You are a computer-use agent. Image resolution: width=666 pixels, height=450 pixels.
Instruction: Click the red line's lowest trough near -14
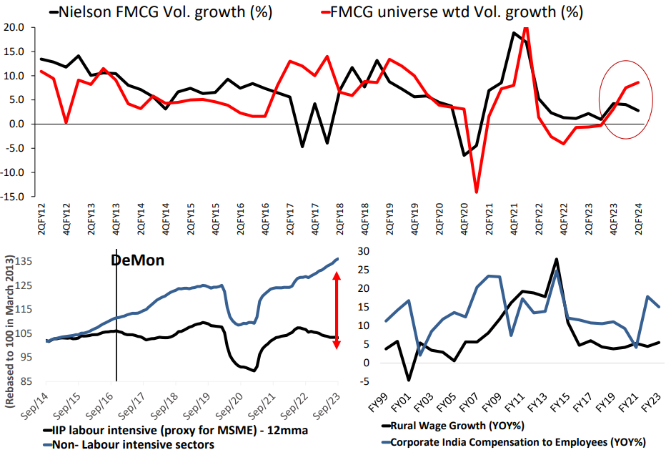476,191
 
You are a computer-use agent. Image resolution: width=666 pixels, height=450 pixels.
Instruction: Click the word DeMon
137,260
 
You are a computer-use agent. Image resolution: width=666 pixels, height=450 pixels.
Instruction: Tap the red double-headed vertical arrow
337,310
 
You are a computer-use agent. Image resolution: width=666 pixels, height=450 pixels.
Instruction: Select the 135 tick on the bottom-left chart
23,262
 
